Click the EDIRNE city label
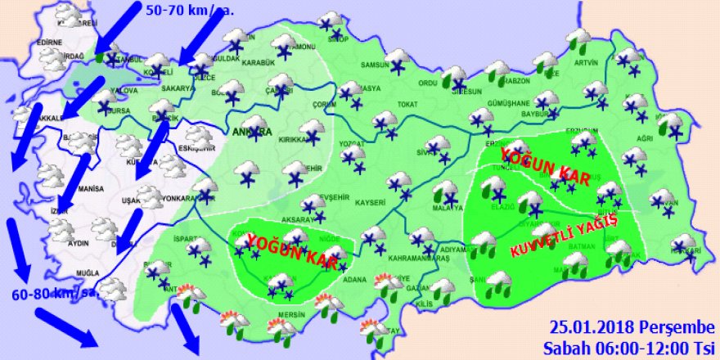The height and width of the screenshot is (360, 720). pyautogui.click(x=50, y=43)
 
